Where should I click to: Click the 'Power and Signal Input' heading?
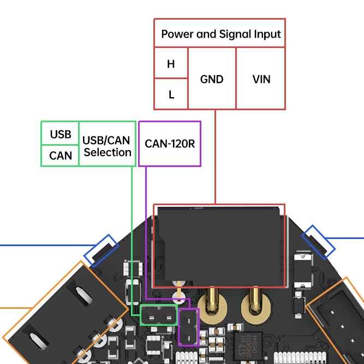220,34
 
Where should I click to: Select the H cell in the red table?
171,63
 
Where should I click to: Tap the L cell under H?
171,94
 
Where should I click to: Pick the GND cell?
212,79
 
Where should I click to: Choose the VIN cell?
261,79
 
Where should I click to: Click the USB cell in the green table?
61,134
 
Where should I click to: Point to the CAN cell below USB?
61,156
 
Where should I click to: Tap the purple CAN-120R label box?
170,144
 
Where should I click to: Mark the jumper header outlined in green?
159,315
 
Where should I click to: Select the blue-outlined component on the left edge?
101,250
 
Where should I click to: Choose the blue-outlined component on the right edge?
319,241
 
